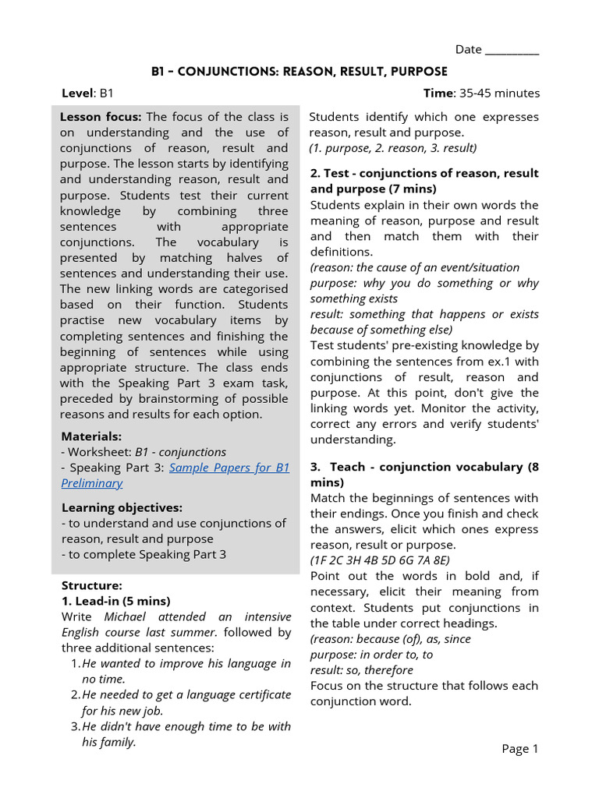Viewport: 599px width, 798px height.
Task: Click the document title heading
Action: click(299, 72)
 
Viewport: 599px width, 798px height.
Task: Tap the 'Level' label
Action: click(77, 94)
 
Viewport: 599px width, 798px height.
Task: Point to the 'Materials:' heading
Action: click(91, 436)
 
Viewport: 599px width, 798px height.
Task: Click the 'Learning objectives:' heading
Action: click(122, 508)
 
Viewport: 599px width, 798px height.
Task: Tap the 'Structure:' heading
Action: click(91, 585)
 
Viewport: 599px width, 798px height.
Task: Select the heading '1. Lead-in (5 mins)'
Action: click(115, 601)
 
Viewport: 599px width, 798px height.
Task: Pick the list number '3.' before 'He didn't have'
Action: click(76, 726)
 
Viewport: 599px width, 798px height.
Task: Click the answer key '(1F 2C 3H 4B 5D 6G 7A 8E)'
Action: click(380, 560)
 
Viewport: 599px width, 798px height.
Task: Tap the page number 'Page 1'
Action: click(520, 749)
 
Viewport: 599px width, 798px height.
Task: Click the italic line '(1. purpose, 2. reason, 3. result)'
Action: click(393, 148)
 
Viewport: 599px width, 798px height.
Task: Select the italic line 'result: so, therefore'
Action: click(362, 670)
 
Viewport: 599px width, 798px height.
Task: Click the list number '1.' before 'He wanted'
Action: click(76, 664)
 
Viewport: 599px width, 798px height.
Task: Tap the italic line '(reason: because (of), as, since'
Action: click(390, 639)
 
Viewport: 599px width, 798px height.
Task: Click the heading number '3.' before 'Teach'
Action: click(316, 467)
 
